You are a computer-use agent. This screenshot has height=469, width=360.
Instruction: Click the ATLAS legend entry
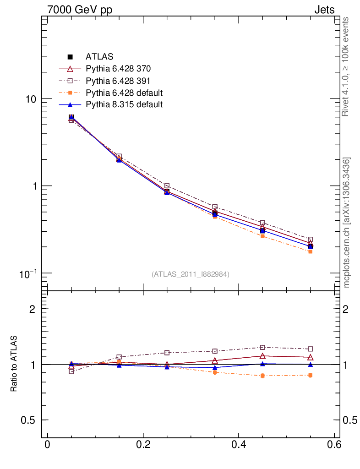tap(99, 57)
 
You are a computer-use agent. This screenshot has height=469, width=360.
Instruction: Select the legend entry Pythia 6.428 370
tap(118, 69)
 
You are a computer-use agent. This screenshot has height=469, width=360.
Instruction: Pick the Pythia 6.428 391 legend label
tap(118, 81)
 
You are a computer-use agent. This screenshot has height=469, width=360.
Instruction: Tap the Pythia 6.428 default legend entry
tap(124, 93)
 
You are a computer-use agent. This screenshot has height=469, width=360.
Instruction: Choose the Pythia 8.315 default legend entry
tap(124, 104)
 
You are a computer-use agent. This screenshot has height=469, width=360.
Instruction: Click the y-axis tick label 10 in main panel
tap(31, 99)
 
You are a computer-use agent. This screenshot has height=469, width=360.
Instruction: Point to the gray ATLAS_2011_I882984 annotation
tap(191, 274)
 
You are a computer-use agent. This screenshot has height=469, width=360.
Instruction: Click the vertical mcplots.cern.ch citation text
tap(347, 223)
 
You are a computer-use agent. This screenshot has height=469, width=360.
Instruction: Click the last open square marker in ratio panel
tap(310, 349)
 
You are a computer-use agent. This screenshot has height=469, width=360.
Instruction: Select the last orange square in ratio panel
tap(310, 375)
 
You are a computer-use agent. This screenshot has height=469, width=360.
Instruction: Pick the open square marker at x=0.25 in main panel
tap(167, 186)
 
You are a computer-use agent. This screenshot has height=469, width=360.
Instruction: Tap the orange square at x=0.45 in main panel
tap(262, 236)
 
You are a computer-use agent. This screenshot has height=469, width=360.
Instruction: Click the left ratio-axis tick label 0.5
tap(30, 420)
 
